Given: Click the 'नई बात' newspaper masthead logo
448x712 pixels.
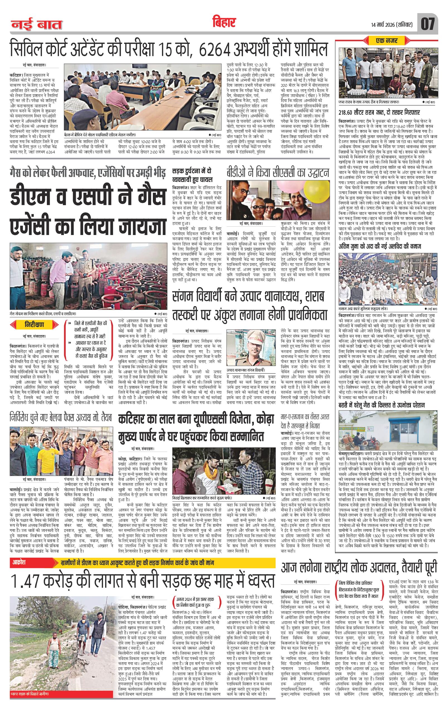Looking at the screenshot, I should point(37,25).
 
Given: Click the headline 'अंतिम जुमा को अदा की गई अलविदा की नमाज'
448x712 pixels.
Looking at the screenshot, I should point(380,246).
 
